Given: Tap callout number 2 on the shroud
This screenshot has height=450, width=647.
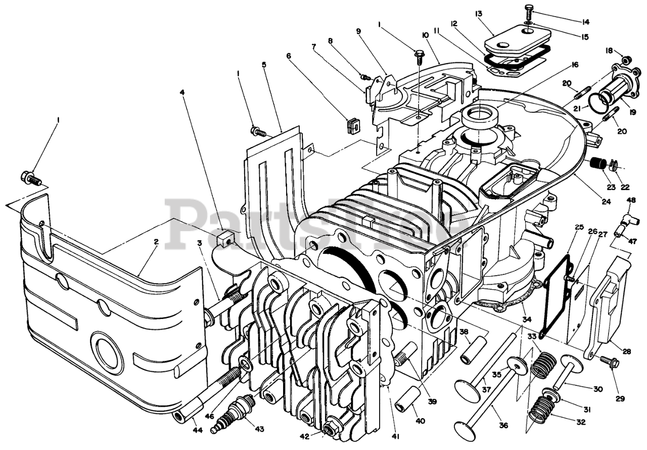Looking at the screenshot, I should (x=156, y=242).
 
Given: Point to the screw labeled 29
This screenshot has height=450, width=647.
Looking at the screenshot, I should (x=608, y=361).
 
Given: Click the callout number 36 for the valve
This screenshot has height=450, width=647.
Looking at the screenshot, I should (x=503, y=425).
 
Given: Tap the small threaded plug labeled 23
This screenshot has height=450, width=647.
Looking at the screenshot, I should (x=598, y=165).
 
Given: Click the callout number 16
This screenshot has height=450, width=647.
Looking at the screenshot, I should (x=575, y=65).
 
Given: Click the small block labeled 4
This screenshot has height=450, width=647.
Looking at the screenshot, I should (x=225, y=237).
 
